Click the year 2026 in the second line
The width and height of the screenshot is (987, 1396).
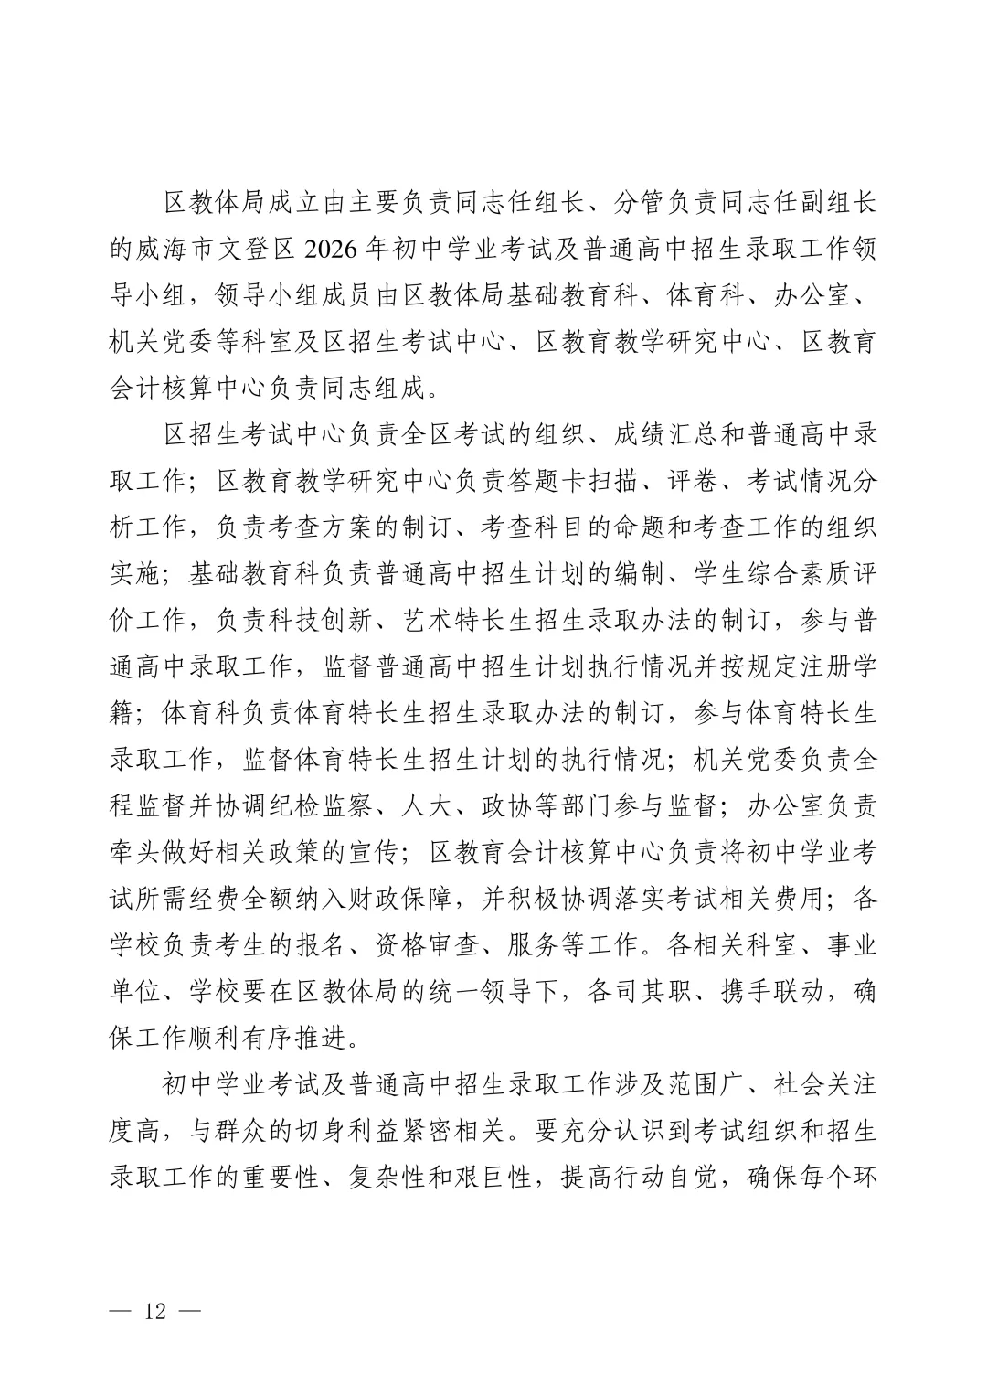click(328, 249)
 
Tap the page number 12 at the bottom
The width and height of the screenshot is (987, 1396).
click(154, 1312)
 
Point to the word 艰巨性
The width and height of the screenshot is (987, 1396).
click(494, 1179)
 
